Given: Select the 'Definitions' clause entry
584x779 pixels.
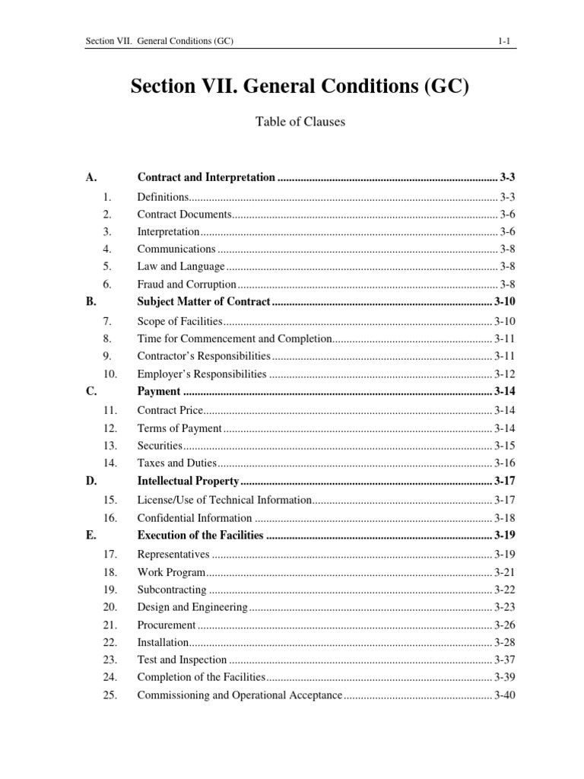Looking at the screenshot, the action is click(x=162, y=196).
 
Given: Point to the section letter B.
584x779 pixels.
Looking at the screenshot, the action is click(x=90, y=301).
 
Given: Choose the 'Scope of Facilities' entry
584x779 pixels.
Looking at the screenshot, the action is click(x=179, y=321).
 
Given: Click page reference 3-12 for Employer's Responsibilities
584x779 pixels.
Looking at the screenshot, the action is click(x=504, y=374).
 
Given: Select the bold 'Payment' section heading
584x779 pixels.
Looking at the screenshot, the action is click(x=159, y=392).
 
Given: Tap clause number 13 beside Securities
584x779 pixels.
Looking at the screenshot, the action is click(x=109, y=445).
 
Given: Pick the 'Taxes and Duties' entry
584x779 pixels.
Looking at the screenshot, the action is click(x=177, y=463).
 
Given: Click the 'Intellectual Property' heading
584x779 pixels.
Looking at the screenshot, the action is click(x=188, y=481).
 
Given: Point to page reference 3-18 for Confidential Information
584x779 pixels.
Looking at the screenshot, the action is click(x=504, y=517).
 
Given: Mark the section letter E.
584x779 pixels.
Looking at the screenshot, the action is click(x=90, y=536).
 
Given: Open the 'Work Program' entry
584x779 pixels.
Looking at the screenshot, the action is click(x=171, y=571).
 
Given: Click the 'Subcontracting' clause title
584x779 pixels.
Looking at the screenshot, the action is click(x=171, y=589).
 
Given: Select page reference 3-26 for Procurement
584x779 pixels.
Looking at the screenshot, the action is click(x=504, y=625).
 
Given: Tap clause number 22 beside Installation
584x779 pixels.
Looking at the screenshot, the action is click(x=109, y=642).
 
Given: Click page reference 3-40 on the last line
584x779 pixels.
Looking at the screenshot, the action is click(x=504, y=695).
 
